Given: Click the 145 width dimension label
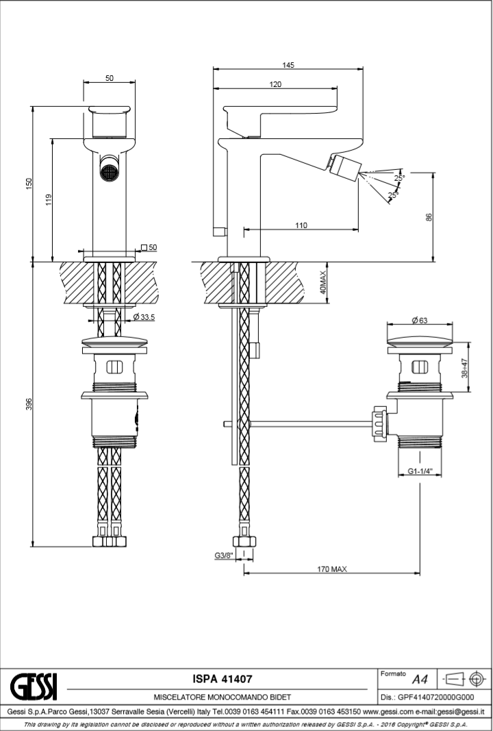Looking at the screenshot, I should click(x=288, y=65).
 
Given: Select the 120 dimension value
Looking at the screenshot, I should click(x=275, y=84).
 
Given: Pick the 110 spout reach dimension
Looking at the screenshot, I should click(x=301, y=225).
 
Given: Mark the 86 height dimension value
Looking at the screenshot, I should click(x=429, y=216).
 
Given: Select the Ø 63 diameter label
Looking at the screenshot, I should click(x=419, y=320).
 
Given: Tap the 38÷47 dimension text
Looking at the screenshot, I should click(x=465, y=368).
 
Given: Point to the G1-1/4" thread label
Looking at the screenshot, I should click(x=420, y=471).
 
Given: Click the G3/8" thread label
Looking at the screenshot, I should click(x=224, y=555).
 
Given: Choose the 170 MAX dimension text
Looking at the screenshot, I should click(x=332, y=569).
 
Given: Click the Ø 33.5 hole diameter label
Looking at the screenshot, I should click(x=144, y=317).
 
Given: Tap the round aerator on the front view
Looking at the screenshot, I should click(x=109, y=171).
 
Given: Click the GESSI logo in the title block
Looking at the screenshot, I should click(x=33, y=686).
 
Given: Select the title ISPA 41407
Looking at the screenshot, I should click(x=223, y=679).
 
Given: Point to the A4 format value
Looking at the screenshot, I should click(x=419, y=680).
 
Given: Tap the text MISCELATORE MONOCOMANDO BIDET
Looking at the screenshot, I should click(x=223, y=697).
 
